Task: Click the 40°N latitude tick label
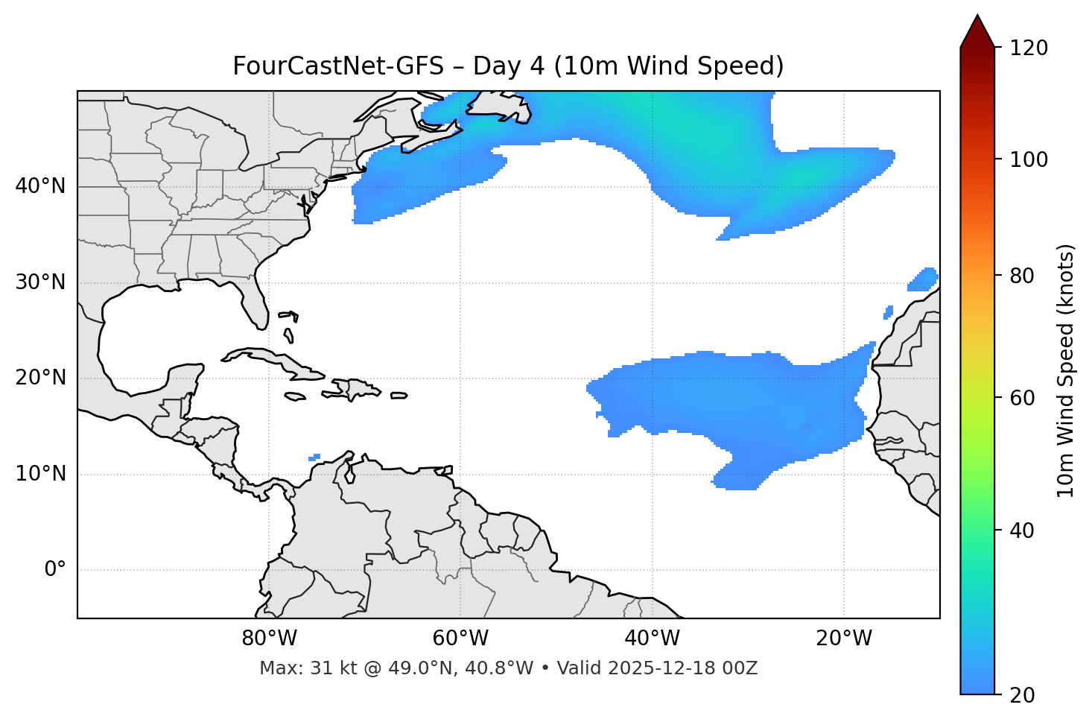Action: coord(40,186)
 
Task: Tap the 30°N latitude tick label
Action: coord(40,282)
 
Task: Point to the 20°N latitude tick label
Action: coord(40,379)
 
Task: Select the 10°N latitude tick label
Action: coord(40,474)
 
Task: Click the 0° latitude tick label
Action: coord(55,570)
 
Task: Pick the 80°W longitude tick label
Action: coord(269,639)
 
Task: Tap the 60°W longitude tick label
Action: coord(460,639)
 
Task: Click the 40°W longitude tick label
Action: coord(652,639)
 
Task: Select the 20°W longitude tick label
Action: coord(843,639)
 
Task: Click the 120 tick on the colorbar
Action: coord(1028,48)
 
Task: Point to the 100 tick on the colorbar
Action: coord(1028,159)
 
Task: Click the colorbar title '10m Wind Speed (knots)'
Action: coord(1066,371)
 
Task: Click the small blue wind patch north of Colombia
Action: coord(314,457)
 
